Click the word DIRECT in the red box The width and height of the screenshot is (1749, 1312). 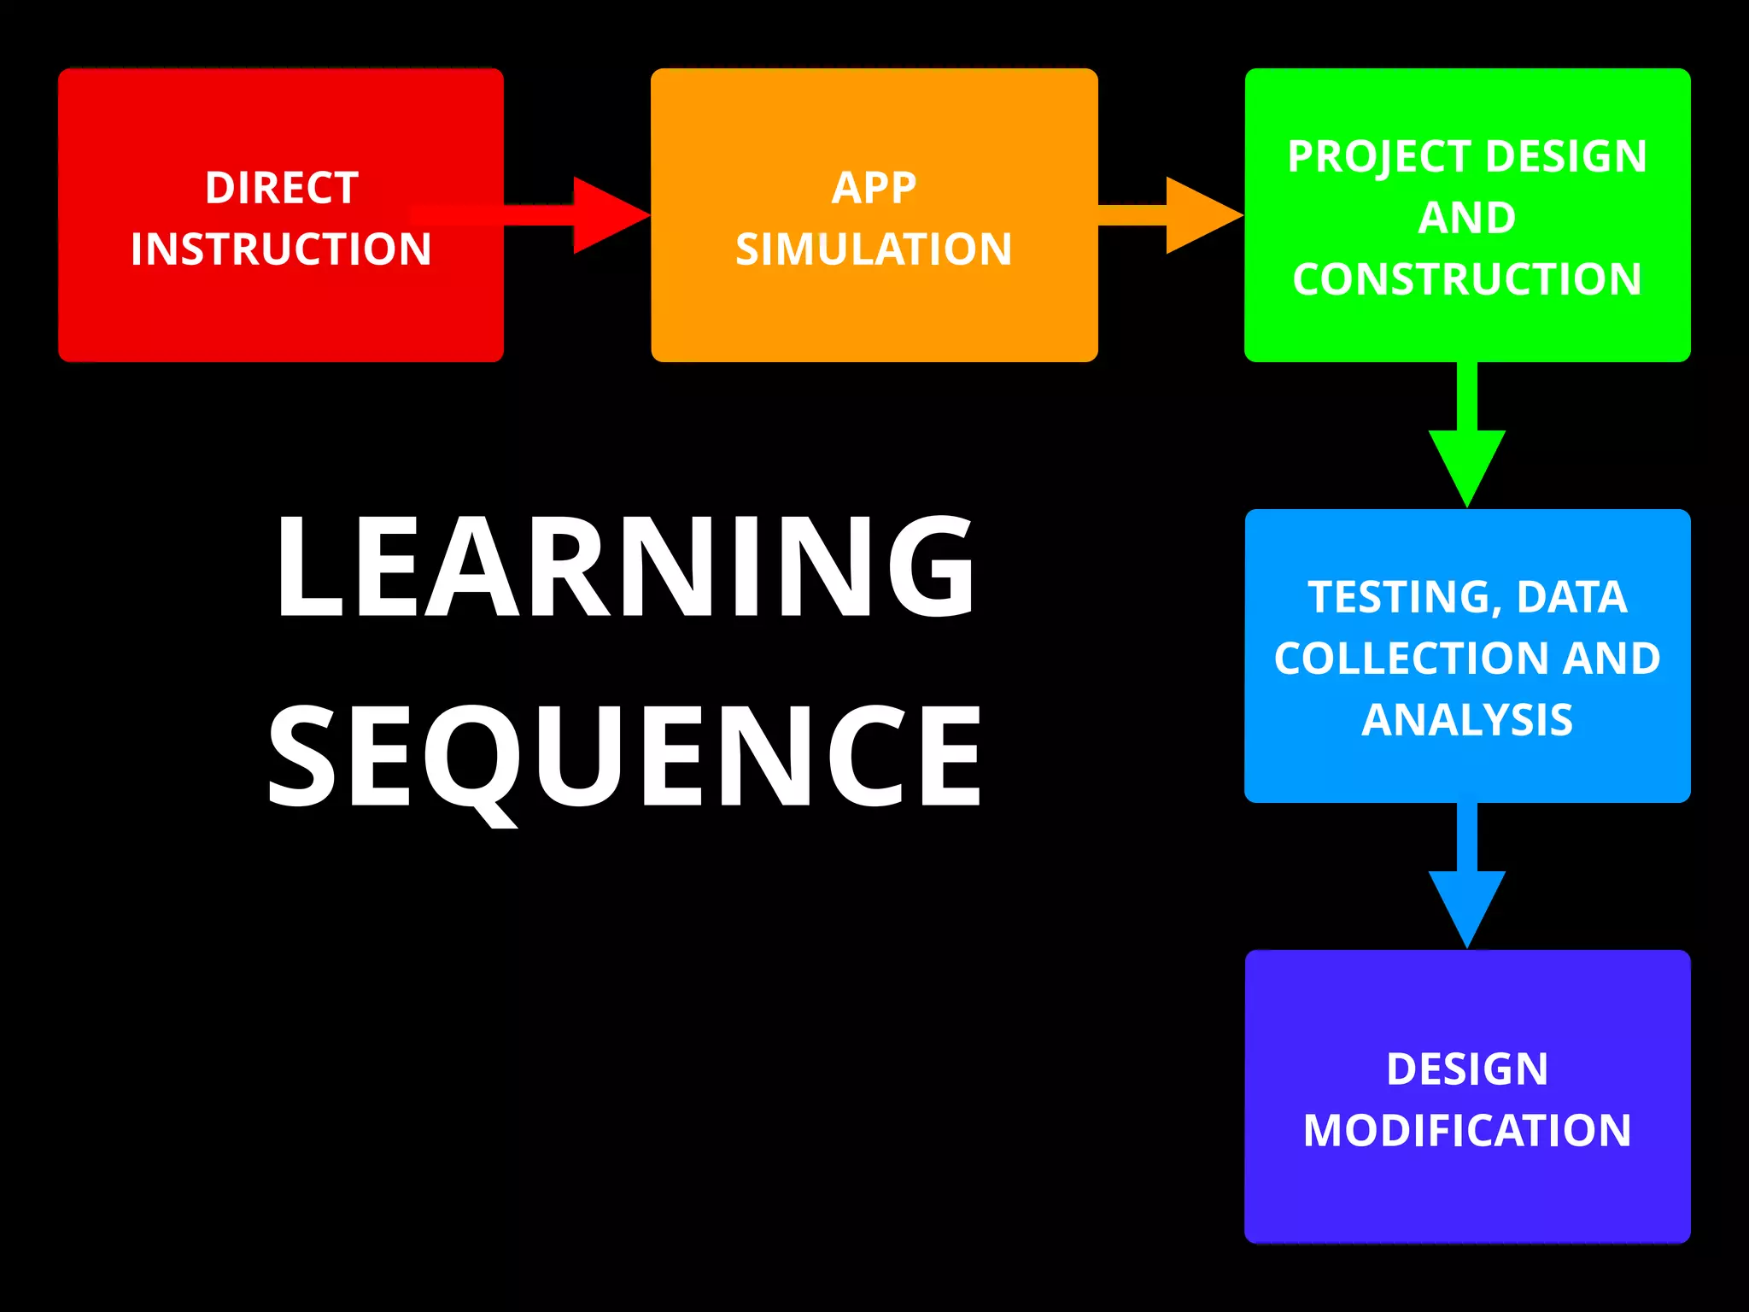(x=281, y=188)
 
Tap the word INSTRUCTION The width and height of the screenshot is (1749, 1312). (x=281, y=249)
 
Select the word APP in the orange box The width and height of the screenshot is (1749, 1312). (x=874, y=188)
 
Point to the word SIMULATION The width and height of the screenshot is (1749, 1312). (x=874, y=249)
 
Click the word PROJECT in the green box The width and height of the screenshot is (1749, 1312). (x=1378, y=157)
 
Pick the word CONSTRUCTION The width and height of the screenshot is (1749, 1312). (x=1467, y=279)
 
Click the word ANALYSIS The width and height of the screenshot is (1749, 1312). (x=1467, y=720)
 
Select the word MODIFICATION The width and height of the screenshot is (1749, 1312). (x=1467, y=1131)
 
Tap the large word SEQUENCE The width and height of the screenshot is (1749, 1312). (x=625, y=757)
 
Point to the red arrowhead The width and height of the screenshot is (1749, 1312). (x=609, y=215)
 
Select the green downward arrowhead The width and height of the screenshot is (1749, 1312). (x=1467, y=466)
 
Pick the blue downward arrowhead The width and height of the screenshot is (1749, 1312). (x=1467, y=905)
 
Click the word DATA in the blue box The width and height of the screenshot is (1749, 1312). (x=1571, y=597)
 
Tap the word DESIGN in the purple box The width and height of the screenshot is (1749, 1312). (x=1467, y=1069)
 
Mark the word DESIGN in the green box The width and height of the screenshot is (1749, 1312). (x=1566, y=157)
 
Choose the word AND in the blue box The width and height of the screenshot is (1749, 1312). (x=1612, y=659)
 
